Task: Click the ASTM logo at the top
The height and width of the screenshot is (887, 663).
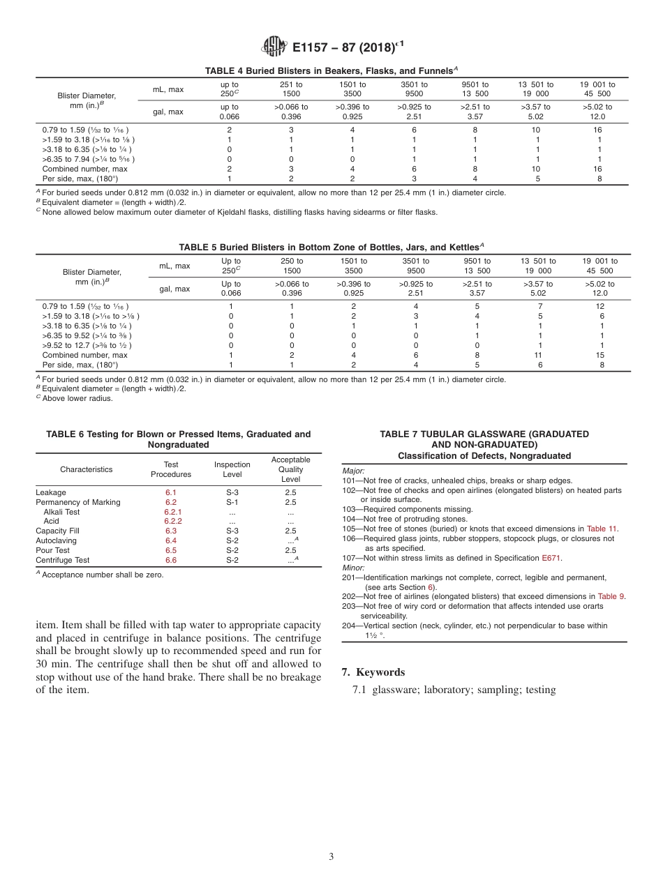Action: [x=274, y=47]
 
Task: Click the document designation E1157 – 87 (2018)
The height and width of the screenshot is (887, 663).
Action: [x=348, y=47]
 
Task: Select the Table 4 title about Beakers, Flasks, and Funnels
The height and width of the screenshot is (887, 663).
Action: [x=331, y=70]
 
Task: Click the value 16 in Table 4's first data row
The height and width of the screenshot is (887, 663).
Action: [x=597, y=130]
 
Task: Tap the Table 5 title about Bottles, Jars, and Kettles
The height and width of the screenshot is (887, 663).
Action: [x=331, y=247]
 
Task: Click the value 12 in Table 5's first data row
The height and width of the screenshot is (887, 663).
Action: [x=599, y=306]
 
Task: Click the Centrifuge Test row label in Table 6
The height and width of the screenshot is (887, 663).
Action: [x=62, y=560]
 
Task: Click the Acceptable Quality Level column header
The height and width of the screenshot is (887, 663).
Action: [x=290, y=469]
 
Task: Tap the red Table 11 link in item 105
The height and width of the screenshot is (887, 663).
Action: [x=602, y=529]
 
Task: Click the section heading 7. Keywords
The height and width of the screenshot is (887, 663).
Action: [x=373, y=672]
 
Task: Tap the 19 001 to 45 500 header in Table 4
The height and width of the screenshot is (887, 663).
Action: [x=597, y=89]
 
